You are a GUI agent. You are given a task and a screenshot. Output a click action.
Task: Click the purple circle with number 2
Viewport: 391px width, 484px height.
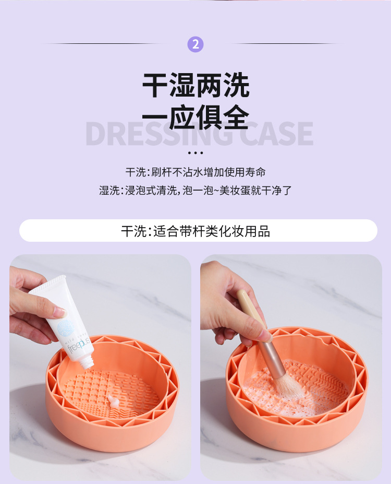[x=195, y=44]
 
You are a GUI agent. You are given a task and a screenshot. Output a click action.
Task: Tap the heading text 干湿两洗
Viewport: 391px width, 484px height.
[x=195, y=86]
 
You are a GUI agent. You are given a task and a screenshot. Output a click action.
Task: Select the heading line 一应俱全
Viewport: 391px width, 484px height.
[x=195, y=118]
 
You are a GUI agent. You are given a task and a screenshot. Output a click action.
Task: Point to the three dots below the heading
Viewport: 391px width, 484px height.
[x=195, y=153]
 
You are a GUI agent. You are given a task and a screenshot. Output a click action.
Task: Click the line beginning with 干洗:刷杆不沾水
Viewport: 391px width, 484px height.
[x=195, y=172]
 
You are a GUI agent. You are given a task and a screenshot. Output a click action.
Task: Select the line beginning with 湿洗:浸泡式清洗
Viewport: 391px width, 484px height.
[x=195, y=191]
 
